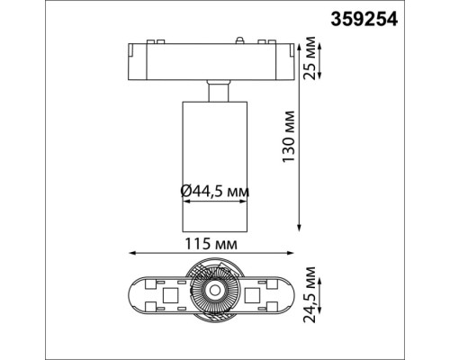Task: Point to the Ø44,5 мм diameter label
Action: click(214, 191)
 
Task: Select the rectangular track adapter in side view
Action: click(214, 60)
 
